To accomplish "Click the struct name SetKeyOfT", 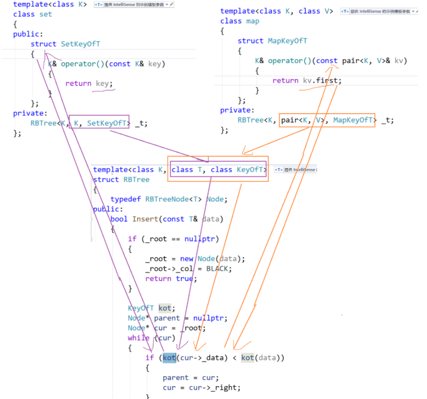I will coord(80,44).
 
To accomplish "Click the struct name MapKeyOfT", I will coord(287,41).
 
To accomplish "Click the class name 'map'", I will coord(252,21).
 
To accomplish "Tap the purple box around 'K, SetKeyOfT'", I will coord(99,122).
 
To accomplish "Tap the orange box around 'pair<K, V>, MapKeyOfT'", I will coord(327,120).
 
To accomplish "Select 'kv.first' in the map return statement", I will coord(322,80).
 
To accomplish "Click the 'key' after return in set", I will coord(102,83).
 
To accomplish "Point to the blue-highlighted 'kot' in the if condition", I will coord(169,357).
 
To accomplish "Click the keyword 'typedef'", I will coord(126,199).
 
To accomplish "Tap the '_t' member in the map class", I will coord(387,120).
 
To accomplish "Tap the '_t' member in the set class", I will coord(141,123).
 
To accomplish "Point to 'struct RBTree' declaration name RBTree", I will coord(136,179).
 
